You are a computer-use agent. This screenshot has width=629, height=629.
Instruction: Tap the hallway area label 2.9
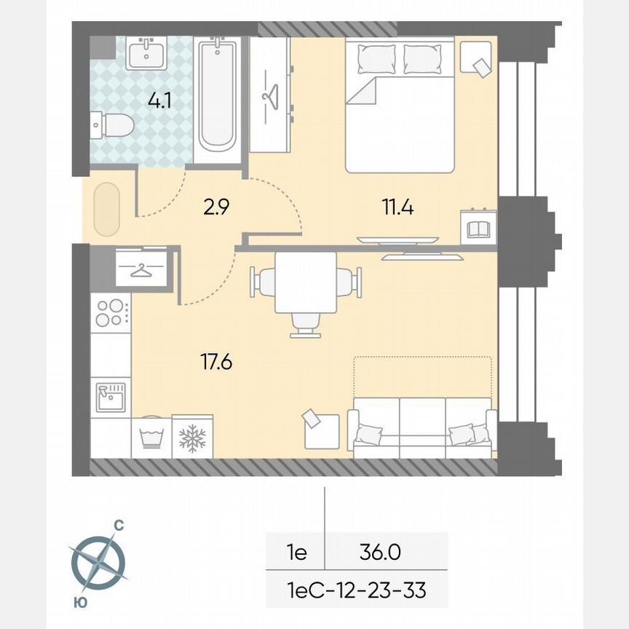(216, 208)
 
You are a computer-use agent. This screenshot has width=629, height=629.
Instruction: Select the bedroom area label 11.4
(398, 208)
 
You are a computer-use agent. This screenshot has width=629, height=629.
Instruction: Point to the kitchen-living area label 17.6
(215, 361)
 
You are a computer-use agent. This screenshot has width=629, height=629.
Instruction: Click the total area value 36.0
(379, 553)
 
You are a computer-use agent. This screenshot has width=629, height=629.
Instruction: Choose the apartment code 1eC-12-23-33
(356, 590)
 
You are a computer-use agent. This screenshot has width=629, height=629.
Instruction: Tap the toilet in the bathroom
(113, 127)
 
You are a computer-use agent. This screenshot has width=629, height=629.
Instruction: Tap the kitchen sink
(110, 397)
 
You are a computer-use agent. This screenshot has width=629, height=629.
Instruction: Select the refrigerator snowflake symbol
(192, 438)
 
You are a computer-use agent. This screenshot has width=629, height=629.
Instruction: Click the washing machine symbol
(151, 438)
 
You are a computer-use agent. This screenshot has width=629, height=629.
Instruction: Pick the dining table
(306, 282)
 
